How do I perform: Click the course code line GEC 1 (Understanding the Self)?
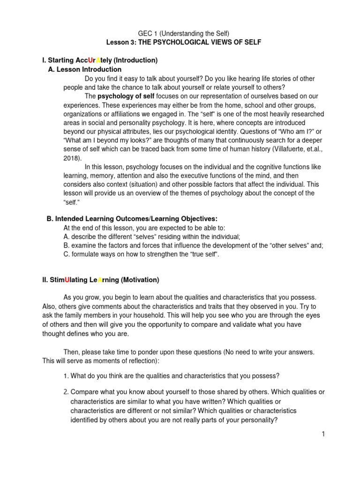pos(180,33)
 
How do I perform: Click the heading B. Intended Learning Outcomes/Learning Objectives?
pos(132,219)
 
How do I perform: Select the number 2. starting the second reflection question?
pos(66,392)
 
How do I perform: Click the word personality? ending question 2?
pos(254,420)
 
